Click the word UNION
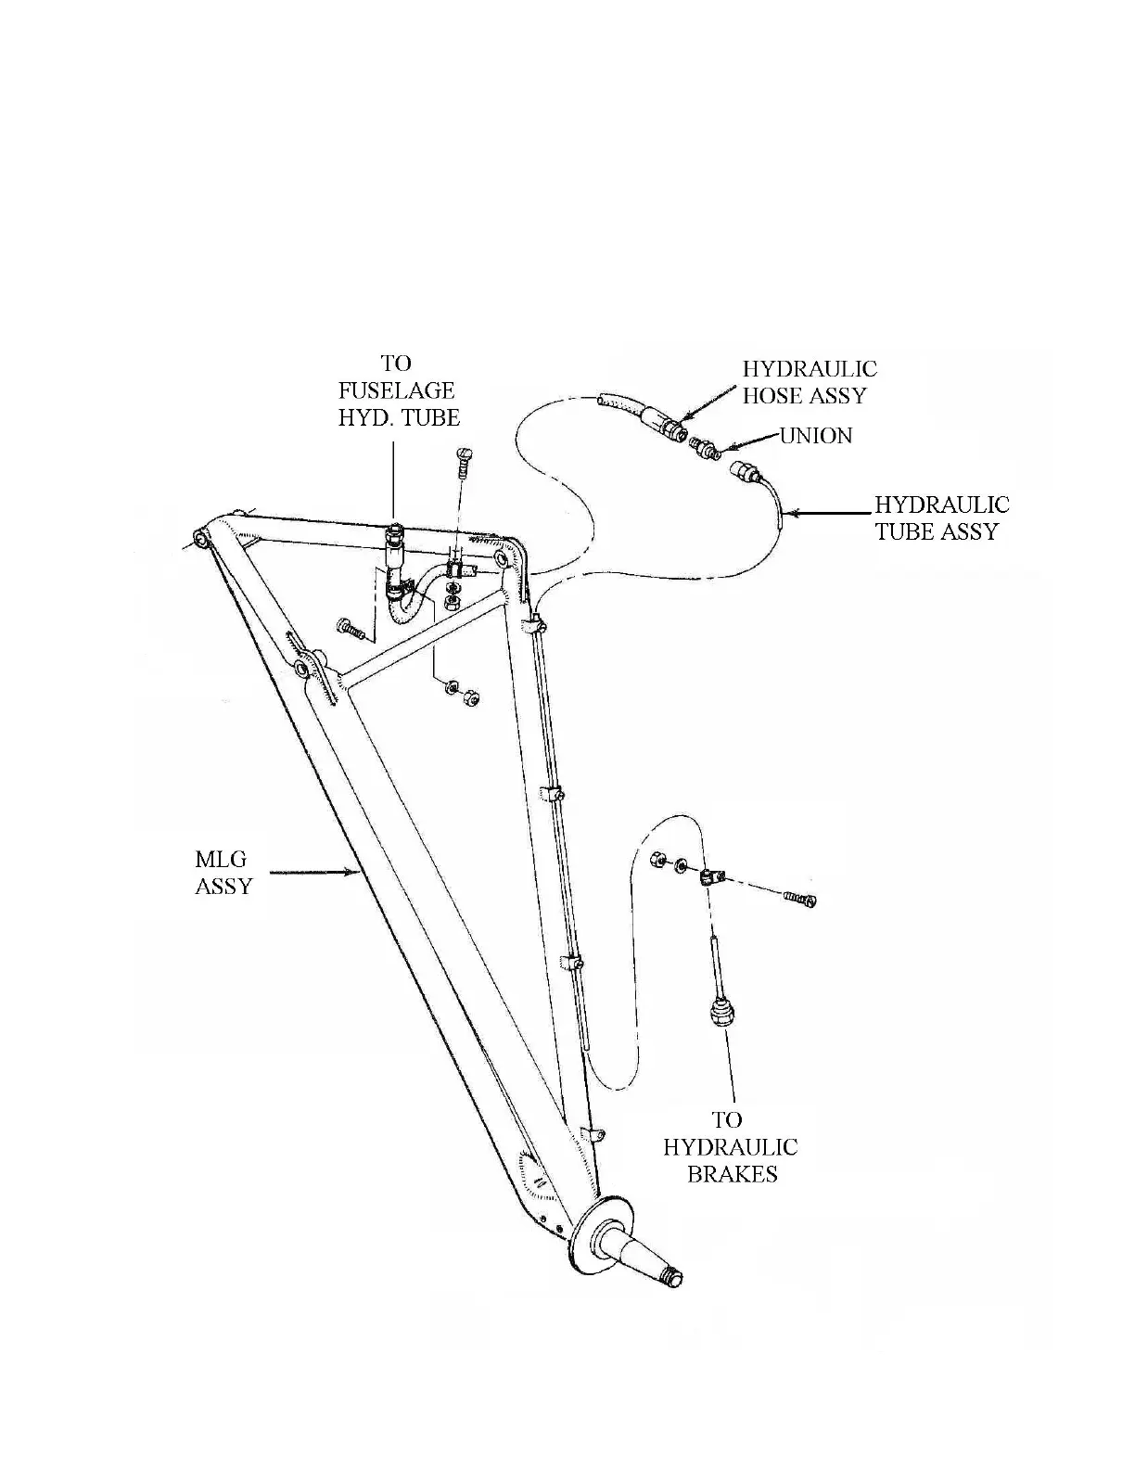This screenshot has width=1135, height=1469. point(815,436)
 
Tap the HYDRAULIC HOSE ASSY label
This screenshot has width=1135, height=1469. point(809,382)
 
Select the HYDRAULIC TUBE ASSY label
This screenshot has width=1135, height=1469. point(941,517)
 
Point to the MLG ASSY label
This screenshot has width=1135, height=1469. point(223,873)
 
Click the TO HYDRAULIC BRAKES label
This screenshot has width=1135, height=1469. point(730,1147)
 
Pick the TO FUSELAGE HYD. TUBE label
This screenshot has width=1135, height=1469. point(398,390)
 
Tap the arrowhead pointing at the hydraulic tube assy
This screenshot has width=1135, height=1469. point(791,512)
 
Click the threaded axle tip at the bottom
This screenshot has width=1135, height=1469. point(675,1278)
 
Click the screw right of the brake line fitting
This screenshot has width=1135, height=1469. point(798,897)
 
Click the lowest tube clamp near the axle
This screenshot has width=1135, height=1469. point(590,1133)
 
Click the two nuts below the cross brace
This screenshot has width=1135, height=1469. point(460,691)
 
